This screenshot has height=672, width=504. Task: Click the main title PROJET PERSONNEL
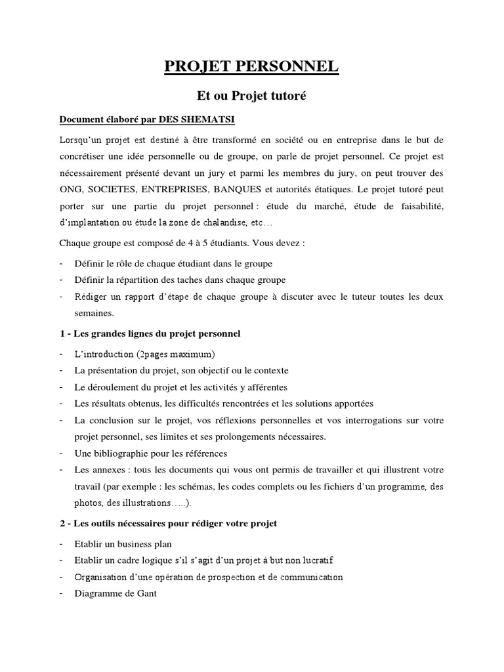coord(252,66)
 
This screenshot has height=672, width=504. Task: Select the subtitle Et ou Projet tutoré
coord(252,96)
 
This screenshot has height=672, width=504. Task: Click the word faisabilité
coord(417,205)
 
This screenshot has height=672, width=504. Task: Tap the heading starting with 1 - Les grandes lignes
coord(150,334)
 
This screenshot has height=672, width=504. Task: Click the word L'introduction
coord(105,354)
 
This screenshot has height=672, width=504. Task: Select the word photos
coord(89,503)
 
